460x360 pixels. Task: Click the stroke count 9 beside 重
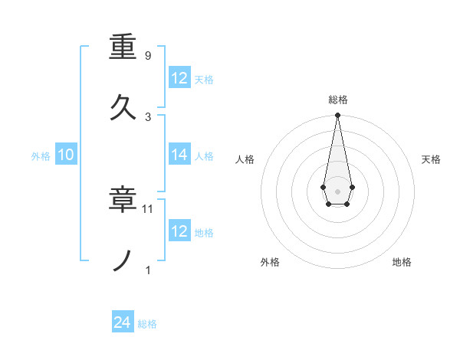tap(148, 56)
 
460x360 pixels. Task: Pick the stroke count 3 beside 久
tap(148, 116)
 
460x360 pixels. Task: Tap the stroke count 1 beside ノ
tap(148, 270)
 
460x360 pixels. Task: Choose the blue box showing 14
tap(179, 155)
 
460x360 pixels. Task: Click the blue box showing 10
tap(66, 155)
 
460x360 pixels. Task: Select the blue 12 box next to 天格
tap(179, 78)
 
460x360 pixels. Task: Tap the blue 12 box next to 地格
tap(179, 231)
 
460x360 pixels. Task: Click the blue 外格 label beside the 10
tap(41, 155)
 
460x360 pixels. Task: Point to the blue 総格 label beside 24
tap(147, 324)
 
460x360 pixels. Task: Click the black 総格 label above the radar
tap(338, 100)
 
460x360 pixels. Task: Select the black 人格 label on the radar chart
tap(245, 159)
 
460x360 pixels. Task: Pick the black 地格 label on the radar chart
tap(402, 262)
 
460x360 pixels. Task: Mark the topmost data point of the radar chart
tap(337, 115)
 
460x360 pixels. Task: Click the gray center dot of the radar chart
tap(337, 190)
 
